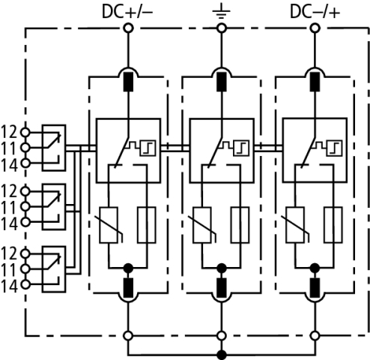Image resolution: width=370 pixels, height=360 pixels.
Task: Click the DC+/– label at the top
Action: tap(127, 12)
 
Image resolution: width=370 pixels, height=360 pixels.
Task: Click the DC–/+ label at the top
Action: tap(315, 12)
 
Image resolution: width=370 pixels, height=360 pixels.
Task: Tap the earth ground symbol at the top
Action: tap(221, 13)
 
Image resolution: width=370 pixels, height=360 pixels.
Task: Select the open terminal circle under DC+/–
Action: tap(128, 28)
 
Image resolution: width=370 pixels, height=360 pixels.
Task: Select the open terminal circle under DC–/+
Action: tap(315, 28)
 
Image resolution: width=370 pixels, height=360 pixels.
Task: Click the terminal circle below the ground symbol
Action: tap(222, 28)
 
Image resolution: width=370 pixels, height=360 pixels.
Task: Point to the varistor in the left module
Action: tap(109, 225)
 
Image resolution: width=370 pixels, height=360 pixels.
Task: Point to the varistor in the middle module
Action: tap(202, 225)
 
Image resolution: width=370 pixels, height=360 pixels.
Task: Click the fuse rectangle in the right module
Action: tap(333, 225)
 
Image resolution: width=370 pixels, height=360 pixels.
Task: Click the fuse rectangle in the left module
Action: tap(147, 225)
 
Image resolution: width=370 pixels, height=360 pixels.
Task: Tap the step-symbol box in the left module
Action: tap(148, 148)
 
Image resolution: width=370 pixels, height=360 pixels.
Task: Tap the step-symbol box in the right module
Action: tap(334, 148)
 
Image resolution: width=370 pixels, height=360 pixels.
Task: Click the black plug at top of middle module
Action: tap(222, 82)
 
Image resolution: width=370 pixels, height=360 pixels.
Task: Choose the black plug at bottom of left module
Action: tap(129, 287)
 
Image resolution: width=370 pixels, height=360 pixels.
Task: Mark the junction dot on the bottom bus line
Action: tap(222, 355)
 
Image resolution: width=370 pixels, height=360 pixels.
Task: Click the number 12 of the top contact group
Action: tap(9, 132)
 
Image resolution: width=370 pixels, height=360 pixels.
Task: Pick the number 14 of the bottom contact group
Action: tap(9, 286)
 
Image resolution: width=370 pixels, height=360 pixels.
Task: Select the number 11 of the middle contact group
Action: tap(9, 208)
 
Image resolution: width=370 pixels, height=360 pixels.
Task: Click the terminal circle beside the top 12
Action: tap(25, 132)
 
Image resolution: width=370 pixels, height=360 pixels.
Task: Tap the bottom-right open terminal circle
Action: tap(315, 336)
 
